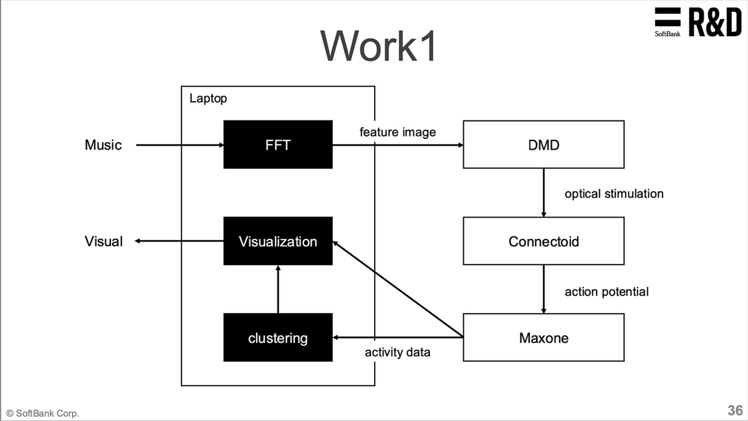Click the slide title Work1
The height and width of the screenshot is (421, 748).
click(x=378, y=45)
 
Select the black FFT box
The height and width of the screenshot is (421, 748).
click(x=278, y=145)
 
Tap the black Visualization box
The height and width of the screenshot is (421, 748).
click(x=278, y=241)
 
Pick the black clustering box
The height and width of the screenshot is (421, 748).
click(x=278, y=338)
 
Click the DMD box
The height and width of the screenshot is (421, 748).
click(x=543, y=145)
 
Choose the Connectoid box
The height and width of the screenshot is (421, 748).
click(x=543, y=241)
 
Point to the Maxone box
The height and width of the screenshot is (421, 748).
click(x=543, y=338)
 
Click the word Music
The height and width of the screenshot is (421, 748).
click(x=103, y=145)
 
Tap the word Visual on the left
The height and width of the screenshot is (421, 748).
click(x=103, y=241)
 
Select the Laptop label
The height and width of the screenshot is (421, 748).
click(x=208, y=99)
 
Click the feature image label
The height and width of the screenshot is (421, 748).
click(x=398, y=132)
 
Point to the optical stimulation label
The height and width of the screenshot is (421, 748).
click(x=613, y=193)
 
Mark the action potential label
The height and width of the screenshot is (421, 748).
click(x=606, y=291)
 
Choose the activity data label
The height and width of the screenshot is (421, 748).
click(x=397, y=352)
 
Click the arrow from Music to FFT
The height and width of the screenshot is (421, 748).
click(x=180, y=145)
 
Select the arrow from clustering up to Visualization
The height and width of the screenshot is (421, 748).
click(x=278, y=289)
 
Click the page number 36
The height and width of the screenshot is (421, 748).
click(x=735, y=410)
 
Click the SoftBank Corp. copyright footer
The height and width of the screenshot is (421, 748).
click(x=43, y=413)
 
